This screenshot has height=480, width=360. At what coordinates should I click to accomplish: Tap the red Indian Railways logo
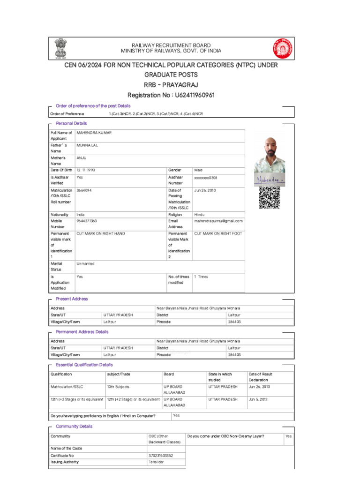tap(282, 48)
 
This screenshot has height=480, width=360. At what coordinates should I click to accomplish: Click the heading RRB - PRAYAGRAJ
tap(171, 85)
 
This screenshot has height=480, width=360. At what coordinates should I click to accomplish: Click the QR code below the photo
tap(269, 197)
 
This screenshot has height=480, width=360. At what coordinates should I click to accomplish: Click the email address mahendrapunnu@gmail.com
tap(218, 221)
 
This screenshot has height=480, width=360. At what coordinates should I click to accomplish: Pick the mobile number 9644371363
tap(87, 221)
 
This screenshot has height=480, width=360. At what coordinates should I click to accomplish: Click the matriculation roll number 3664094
tap(84, 190)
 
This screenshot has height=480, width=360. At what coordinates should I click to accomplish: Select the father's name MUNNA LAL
tap(87, 146)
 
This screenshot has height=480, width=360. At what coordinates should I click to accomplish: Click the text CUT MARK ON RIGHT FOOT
tap(218, 233)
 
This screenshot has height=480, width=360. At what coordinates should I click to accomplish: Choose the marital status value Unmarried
tap(85, 264)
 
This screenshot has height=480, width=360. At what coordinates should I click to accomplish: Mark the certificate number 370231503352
tap(161, 455)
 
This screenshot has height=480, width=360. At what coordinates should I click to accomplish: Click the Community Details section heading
tap(74, 427)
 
